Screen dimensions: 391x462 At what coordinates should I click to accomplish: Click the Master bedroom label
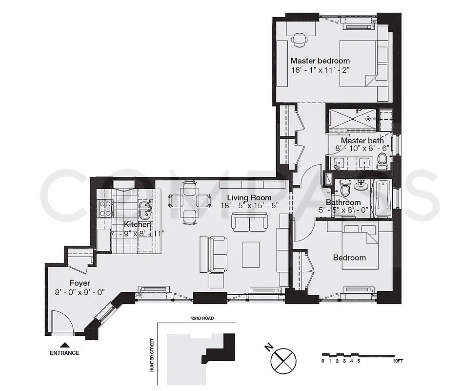point(320,61)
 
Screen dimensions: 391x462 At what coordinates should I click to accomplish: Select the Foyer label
point(80,283)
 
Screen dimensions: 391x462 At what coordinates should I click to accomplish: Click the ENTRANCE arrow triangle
point(64,345)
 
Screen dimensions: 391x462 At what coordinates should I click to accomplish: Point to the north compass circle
point(283,361)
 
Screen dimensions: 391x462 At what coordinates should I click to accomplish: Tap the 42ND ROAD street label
point(202,318)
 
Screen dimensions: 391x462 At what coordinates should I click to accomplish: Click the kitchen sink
point(144,210)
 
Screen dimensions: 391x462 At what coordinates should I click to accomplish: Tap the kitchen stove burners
point(104,209)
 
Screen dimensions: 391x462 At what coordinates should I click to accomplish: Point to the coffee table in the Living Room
point(252,255)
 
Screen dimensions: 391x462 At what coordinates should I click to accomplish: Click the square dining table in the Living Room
point(190,201)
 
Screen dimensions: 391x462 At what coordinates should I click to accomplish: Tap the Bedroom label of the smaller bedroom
point(349,258)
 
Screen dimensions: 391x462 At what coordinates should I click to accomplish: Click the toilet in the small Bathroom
point(345,189)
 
